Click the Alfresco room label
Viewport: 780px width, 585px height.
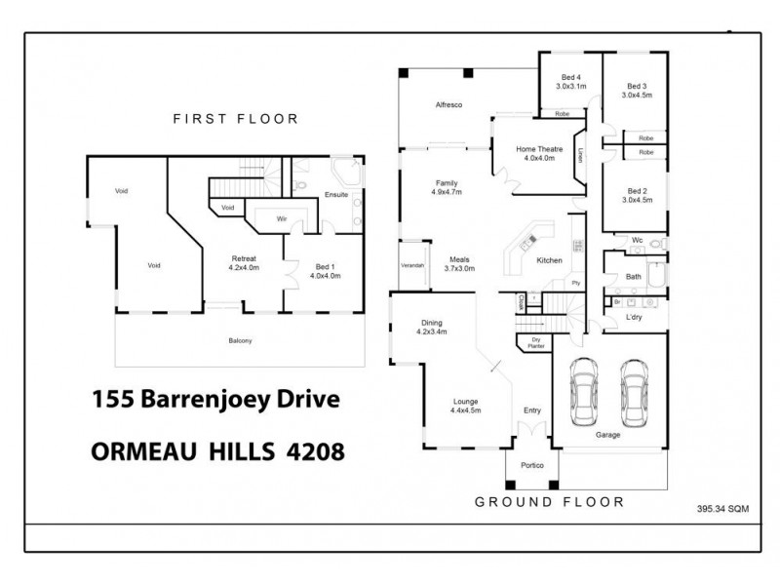[x=448, y=103]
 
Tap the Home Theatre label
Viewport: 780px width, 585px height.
[x=538, y=153]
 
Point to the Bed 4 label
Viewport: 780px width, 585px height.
[x=570, y=81]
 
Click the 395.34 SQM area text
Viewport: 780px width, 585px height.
[x=724, y=508]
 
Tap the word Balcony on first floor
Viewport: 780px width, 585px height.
[x=240, y=340]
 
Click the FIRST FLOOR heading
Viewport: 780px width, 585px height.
[x=235, y=119]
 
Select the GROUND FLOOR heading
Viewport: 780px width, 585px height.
[x=549, y=502]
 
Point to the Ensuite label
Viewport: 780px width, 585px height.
[x=335, y=195]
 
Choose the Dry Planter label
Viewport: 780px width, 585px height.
[x=535, y=343]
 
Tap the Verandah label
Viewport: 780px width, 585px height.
[x=412, y=264]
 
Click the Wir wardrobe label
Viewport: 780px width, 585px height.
[x=281, y=219]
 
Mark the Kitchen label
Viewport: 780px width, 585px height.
[x=549, y=260]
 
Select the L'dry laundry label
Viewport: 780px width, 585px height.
[x=634, y=318]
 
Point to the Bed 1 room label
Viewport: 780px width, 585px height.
[x=325, y=270]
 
